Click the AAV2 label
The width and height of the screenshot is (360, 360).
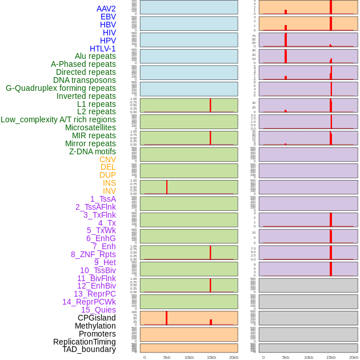[106, 9]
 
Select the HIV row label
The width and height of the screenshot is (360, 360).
[109, 33]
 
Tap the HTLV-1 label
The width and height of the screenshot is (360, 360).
[102, 49]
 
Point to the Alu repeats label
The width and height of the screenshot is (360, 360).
[95, 56]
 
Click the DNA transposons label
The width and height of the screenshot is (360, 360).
[85, 80]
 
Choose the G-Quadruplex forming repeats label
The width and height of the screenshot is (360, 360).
[61, 88]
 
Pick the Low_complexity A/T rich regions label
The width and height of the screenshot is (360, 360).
[58, 119]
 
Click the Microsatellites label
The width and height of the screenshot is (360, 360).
[90, 127]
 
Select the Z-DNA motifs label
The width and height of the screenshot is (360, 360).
[93, 151]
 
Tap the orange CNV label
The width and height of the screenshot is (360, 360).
[107, 159]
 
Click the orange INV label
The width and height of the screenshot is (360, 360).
[109, 191]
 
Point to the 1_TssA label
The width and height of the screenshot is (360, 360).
[103, 199]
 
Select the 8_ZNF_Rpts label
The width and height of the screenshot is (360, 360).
[93, 254]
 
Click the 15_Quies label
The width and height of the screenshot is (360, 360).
[98, 310]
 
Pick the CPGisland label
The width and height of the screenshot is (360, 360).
[97, 318]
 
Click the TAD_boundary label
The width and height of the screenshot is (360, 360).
[89, 349]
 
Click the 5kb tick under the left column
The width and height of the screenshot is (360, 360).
[167, 357]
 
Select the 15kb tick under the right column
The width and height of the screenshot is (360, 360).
[331, 357]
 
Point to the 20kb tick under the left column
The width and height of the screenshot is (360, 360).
[234, 357]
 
